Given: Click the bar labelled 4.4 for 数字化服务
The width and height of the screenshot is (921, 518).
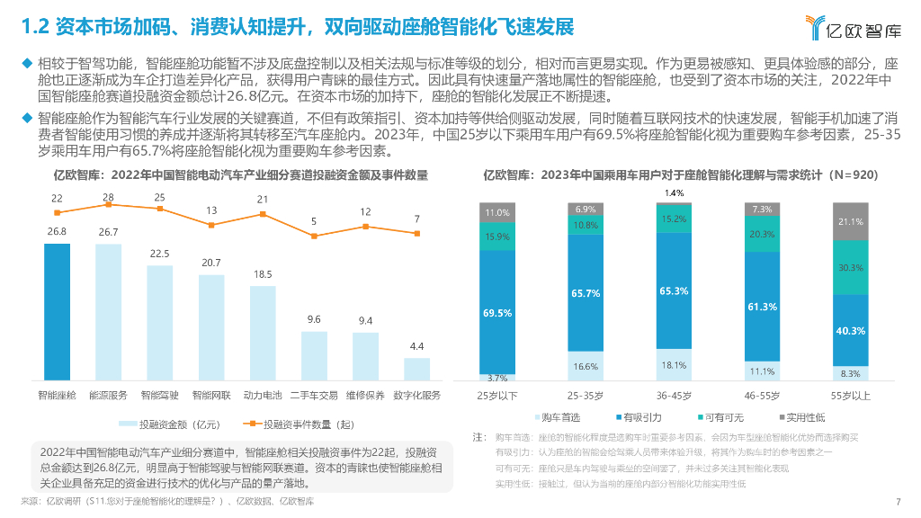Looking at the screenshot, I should [x=416, y=371].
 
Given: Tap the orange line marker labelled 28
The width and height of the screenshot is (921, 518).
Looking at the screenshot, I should [x=108, y=204].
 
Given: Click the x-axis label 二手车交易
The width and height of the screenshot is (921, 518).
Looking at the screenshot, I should [x=314, y=395].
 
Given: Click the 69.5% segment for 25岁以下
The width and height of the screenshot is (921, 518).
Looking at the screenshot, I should [x=497, y=312].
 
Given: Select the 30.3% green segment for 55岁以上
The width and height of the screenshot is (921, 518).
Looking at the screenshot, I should [x=850, y=268].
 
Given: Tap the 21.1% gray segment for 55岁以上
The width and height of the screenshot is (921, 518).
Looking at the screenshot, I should [x=850, y=221].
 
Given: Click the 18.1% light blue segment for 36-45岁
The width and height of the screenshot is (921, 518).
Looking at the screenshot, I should [x=674, y=365].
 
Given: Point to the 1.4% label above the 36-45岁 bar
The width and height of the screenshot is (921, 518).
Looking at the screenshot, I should [x=674, y=193].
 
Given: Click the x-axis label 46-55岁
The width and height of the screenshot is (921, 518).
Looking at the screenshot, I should [x=762, y=395].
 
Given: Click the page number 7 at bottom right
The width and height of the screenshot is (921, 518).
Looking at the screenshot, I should [x=899, y=502].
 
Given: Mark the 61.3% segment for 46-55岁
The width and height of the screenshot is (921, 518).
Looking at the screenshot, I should [x=762, y=307].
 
